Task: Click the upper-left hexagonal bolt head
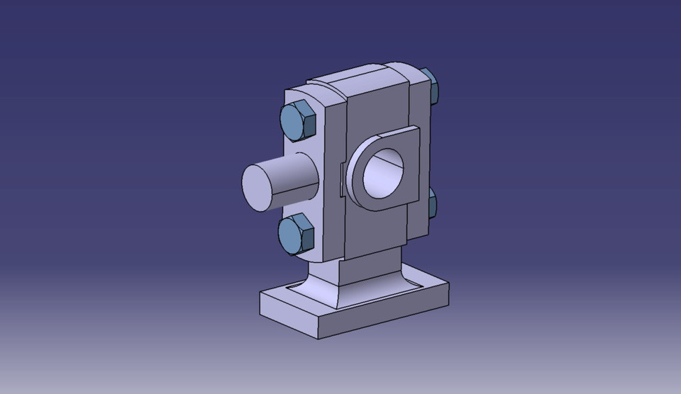click(x=297, y=120)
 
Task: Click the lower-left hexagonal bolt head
click(x=295, y=235)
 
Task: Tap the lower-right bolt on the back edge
click(x=432, y=204)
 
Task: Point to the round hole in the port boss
click(x=383, y=173)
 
